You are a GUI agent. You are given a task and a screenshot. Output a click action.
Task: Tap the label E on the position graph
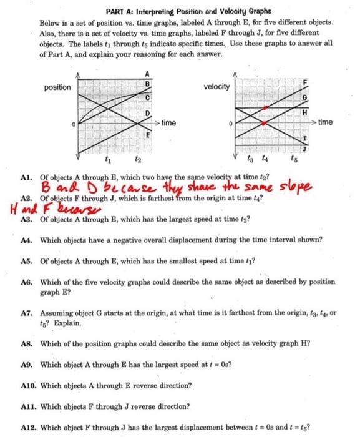147,135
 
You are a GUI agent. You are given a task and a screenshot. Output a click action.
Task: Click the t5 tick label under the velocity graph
293,159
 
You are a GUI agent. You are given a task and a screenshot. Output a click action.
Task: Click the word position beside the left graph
57,87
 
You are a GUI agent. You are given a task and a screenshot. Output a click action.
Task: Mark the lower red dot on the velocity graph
264,124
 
